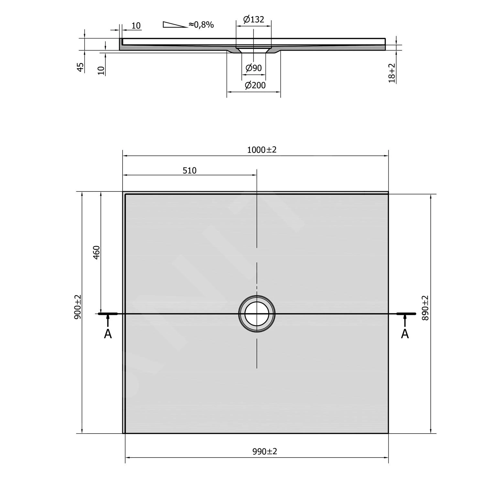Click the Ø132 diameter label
[254, 19]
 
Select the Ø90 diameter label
[254, 68]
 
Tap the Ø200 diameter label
[255, 85]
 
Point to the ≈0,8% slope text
[201, 25]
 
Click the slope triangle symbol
[175, 25]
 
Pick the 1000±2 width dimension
[262, 150]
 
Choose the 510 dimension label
[189, 170]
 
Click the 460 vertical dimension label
[96, 253]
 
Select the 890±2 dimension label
[425, 308]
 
